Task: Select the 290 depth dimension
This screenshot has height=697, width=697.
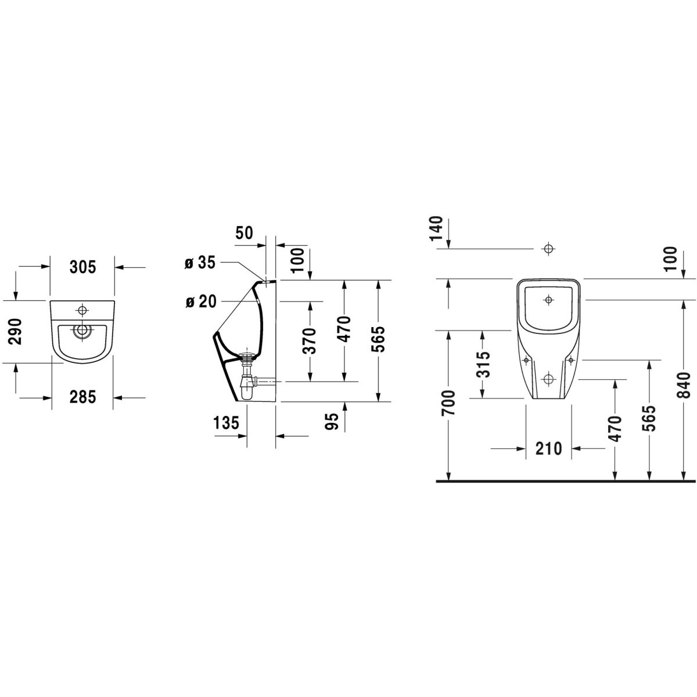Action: pyautogui.click(x=17, y=332)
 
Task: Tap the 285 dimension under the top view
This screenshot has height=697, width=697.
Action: pyautogui.click(x=82, y=397)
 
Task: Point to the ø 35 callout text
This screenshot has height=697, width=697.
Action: pyautogui.click(x=200, y=263)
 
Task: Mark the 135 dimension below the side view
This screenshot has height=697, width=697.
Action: pyautogui.click(x=227, y=423)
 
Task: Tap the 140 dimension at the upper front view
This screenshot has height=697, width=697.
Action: pyautogui.click(x=438, y=228)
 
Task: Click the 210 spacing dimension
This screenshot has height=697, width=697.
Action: pyautogui.click(x=548, y=448)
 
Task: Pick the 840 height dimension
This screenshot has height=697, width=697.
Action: pyautogui.click(x=685, y=384)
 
